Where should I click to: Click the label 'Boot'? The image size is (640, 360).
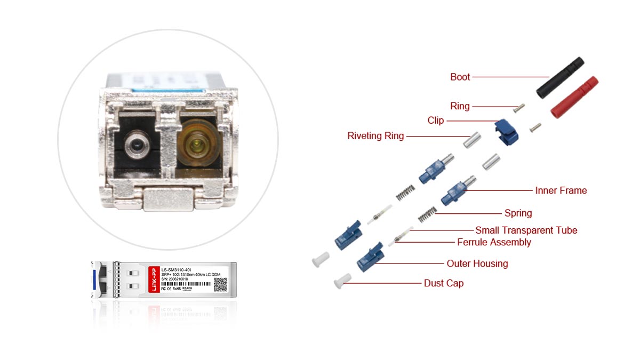point(460,77)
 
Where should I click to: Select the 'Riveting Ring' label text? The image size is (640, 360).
point(375,136)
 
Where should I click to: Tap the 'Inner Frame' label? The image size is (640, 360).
point(561,190)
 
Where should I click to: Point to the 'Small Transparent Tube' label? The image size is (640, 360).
point(526,230)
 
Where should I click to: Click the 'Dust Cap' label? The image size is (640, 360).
point(443,283)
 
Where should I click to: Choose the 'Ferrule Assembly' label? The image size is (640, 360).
point(494,242)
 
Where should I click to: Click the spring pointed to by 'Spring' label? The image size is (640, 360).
point(425,214)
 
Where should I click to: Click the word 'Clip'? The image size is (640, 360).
point(435,121)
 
